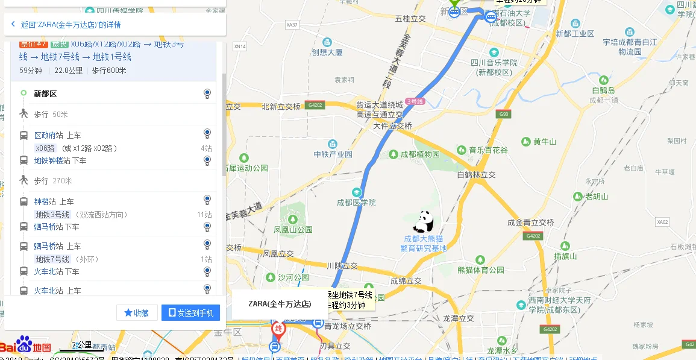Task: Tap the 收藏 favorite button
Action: (137, 313)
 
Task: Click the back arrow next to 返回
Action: (13, 25)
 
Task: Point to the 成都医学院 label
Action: (356, 202)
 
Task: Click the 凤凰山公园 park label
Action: (293, 229)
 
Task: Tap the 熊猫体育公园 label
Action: (480, 270)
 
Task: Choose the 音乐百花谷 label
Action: (488, 150)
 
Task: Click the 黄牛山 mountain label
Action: (545, 142)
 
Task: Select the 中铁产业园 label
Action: (333, 154)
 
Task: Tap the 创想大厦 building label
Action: (327, 52)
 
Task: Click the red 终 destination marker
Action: (278, 329)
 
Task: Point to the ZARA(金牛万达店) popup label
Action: (280, 304)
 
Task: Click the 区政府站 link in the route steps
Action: (48, 135)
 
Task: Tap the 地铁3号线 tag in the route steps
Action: (52, 215)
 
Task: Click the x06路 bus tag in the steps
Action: (45, 148)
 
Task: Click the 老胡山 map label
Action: (597, 196)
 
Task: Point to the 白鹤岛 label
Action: (603, 90)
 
